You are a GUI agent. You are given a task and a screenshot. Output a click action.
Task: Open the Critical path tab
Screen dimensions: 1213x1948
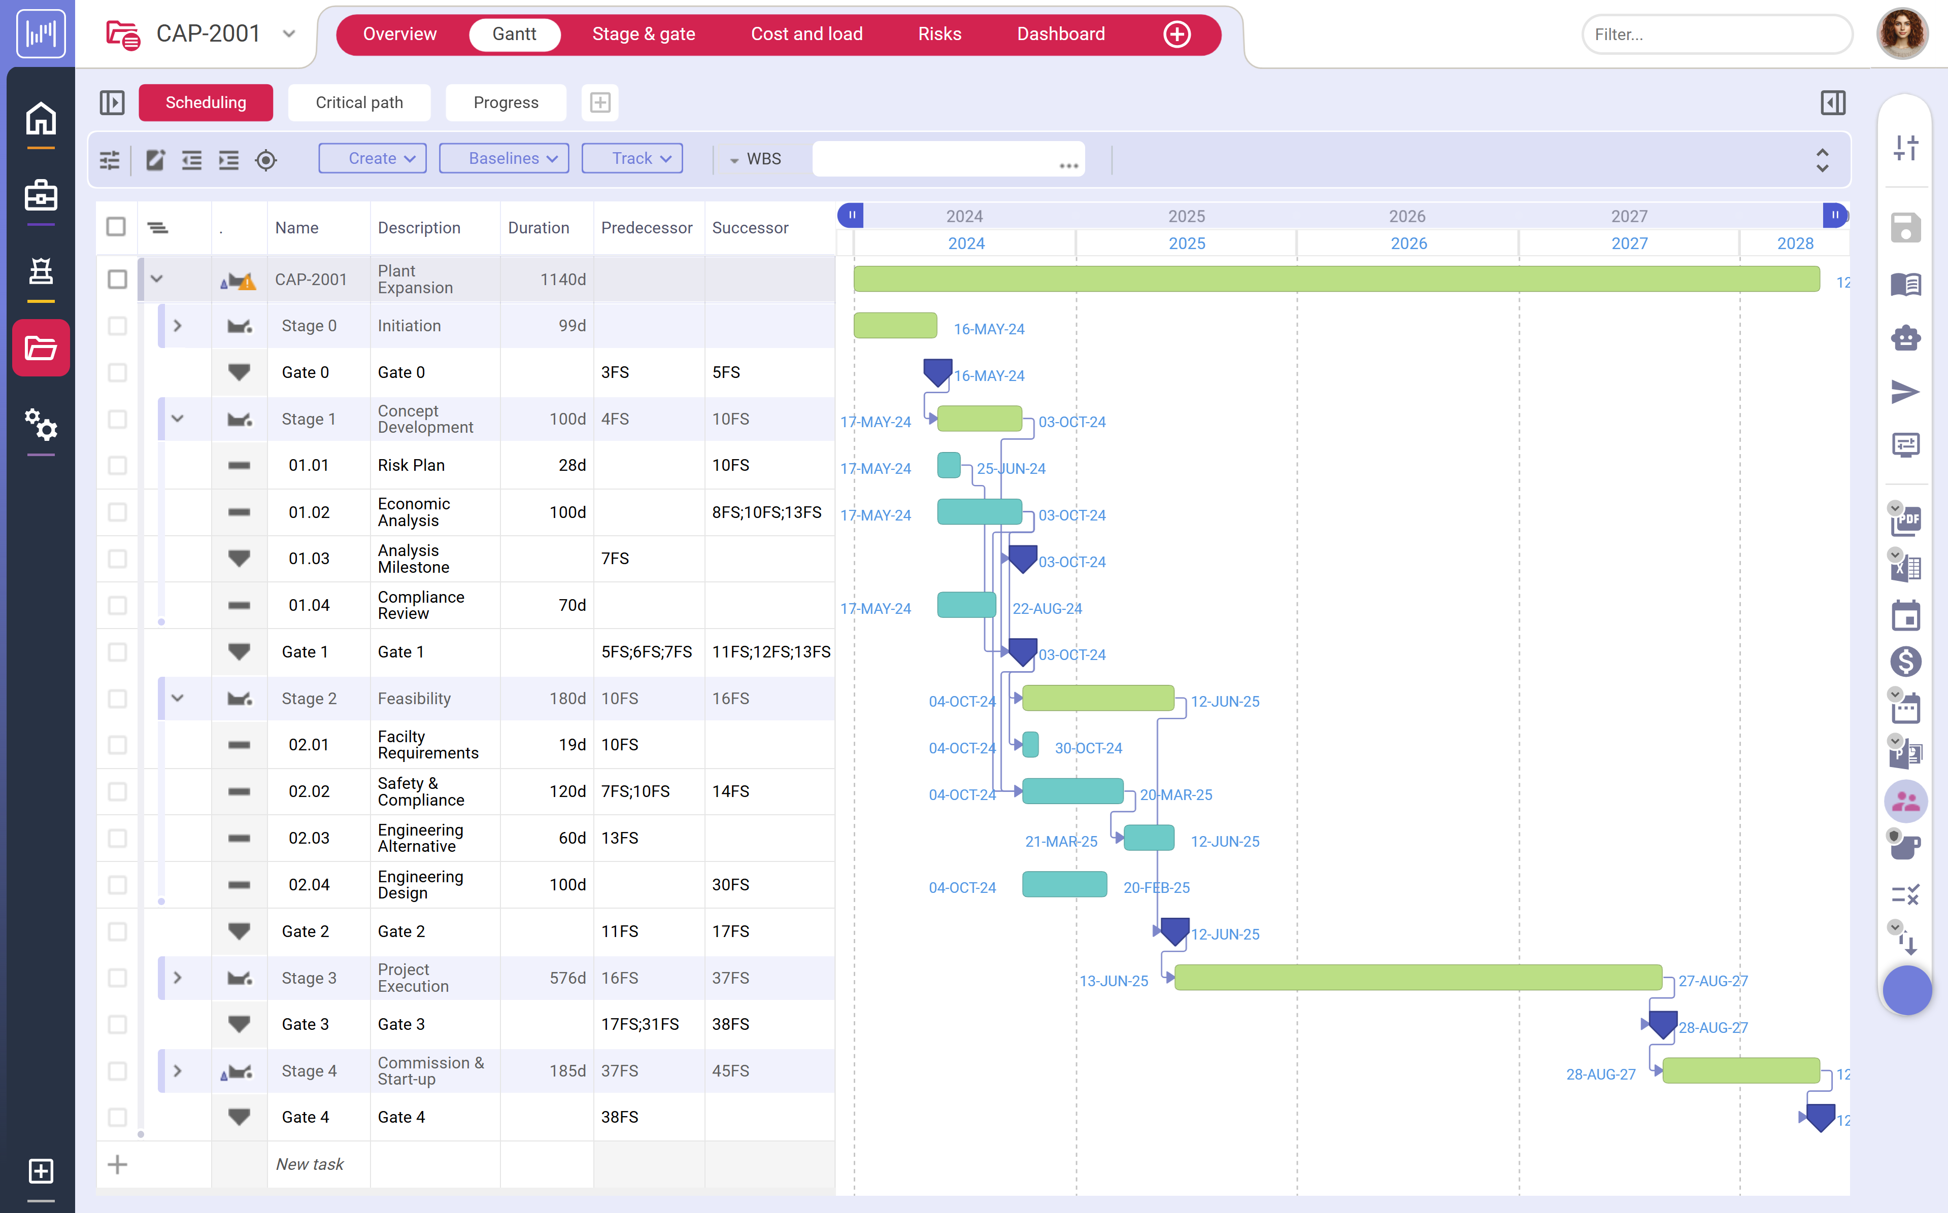359,102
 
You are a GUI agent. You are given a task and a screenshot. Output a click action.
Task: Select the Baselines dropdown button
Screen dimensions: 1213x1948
503,159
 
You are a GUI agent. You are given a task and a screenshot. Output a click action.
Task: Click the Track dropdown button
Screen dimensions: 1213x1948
632,159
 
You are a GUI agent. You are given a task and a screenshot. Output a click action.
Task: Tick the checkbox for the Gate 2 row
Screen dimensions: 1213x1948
117,931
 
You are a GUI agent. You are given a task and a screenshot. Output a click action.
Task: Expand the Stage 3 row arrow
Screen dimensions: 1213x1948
177,978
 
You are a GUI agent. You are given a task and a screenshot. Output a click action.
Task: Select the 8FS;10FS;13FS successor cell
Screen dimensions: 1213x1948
766,512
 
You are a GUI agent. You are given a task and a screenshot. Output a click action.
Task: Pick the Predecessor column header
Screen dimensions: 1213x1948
646,228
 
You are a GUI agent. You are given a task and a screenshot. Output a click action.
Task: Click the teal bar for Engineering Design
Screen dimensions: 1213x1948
1064,885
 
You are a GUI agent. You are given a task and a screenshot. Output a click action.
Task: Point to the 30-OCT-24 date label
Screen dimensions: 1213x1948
1088,748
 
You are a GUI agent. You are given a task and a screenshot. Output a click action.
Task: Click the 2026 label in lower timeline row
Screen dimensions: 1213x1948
1408,244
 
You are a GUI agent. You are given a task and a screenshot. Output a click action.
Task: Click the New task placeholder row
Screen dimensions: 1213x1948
310,1164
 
